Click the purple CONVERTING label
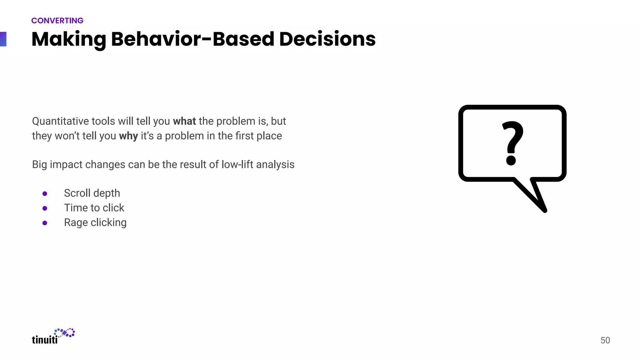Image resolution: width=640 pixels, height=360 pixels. tap(57, 21)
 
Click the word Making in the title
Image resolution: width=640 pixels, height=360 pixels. tap(69, 39)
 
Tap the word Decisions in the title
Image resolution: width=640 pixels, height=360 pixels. tap(327, 39)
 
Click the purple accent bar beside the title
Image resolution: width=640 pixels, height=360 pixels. tap(3, 39)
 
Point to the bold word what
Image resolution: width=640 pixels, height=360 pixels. tap(184, 121)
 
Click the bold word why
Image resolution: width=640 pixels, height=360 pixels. tap(128, 136)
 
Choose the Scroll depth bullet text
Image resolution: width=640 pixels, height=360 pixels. tap(92, 193)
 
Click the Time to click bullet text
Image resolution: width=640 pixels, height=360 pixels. tap(94, 208)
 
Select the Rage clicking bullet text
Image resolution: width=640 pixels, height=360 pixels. tap(95, 222)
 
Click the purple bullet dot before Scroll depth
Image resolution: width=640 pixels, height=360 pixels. tap(45, 194)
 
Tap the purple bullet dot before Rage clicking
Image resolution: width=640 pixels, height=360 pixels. tap(45, 223)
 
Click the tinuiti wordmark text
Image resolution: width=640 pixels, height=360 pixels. tap(45, 340)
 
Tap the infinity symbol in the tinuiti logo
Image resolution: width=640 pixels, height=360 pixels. tap(65, 333)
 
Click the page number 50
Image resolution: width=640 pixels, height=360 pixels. tap(605, 340)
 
